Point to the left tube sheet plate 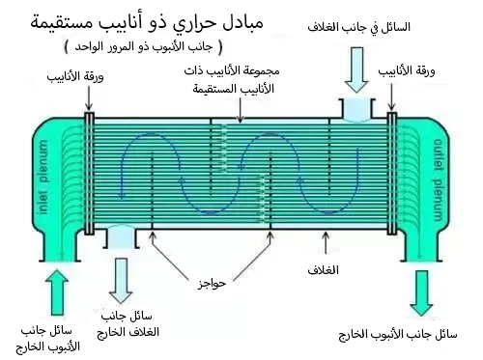tap(89, 174)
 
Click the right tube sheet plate tap(392, 174)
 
